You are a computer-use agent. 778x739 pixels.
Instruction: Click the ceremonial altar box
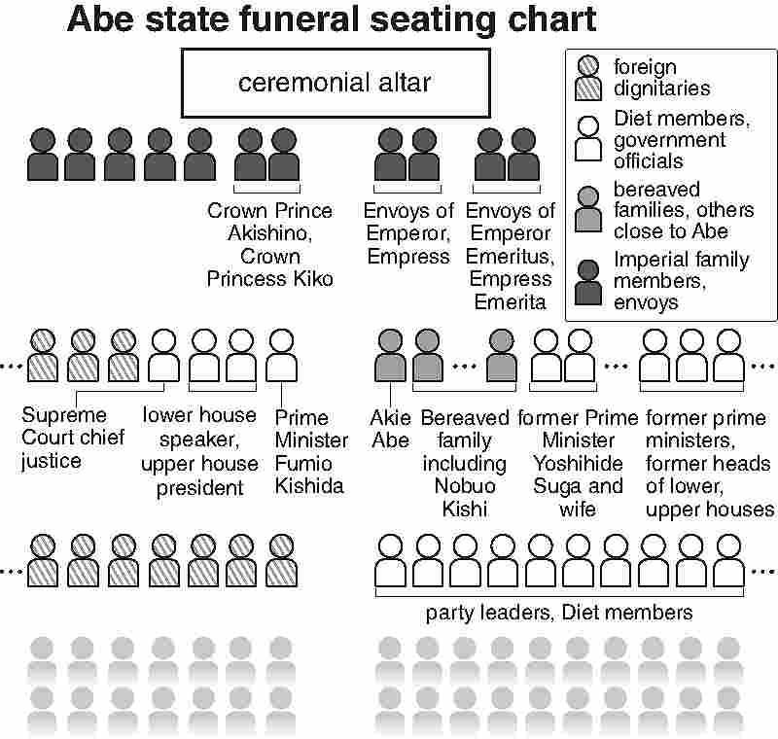pos(336,83)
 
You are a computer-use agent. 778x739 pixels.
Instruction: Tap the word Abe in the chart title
pos(100,19)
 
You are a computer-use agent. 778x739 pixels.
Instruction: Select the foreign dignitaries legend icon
pos(588,79)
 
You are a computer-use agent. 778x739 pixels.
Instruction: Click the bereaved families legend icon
pos(588,209)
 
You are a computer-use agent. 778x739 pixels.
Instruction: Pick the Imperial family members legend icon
pos(588,282)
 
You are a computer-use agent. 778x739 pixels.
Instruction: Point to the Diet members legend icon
pos(588,139)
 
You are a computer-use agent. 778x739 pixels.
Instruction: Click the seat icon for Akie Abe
pos(391,355)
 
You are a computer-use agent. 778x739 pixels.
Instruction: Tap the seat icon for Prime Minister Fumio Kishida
pos(281,355)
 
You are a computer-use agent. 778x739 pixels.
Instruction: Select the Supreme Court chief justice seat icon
pos(163,355)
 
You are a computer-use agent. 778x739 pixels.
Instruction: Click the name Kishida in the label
pos(309,486)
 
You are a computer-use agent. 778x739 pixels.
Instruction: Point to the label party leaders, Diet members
pos(559,613)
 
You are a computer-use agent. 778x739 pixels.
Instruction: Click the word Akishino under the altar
pos(270,233)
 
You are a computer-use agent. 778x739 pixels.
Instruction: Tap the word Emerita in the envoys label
pos(510,302)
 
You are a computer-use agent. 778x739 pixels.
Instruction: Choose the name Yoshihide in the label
pos(578,464)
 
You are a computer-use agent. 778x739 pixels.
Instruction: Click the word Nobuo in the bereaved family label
pos(465,486)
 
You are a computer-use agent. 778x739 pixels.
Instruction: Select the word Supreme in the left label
pos(64,415)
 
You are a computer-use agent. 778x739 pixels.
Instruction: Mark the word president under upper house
pos(200,488)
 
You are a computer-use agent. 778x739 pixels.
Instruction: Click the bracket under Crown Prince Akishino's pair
pos(266,190)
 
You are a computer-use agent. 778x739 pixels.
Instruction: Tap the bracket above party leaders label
pos(559,592)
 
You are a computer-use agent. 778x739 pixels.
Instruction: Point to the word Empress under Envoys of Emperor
pos(408,257)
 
